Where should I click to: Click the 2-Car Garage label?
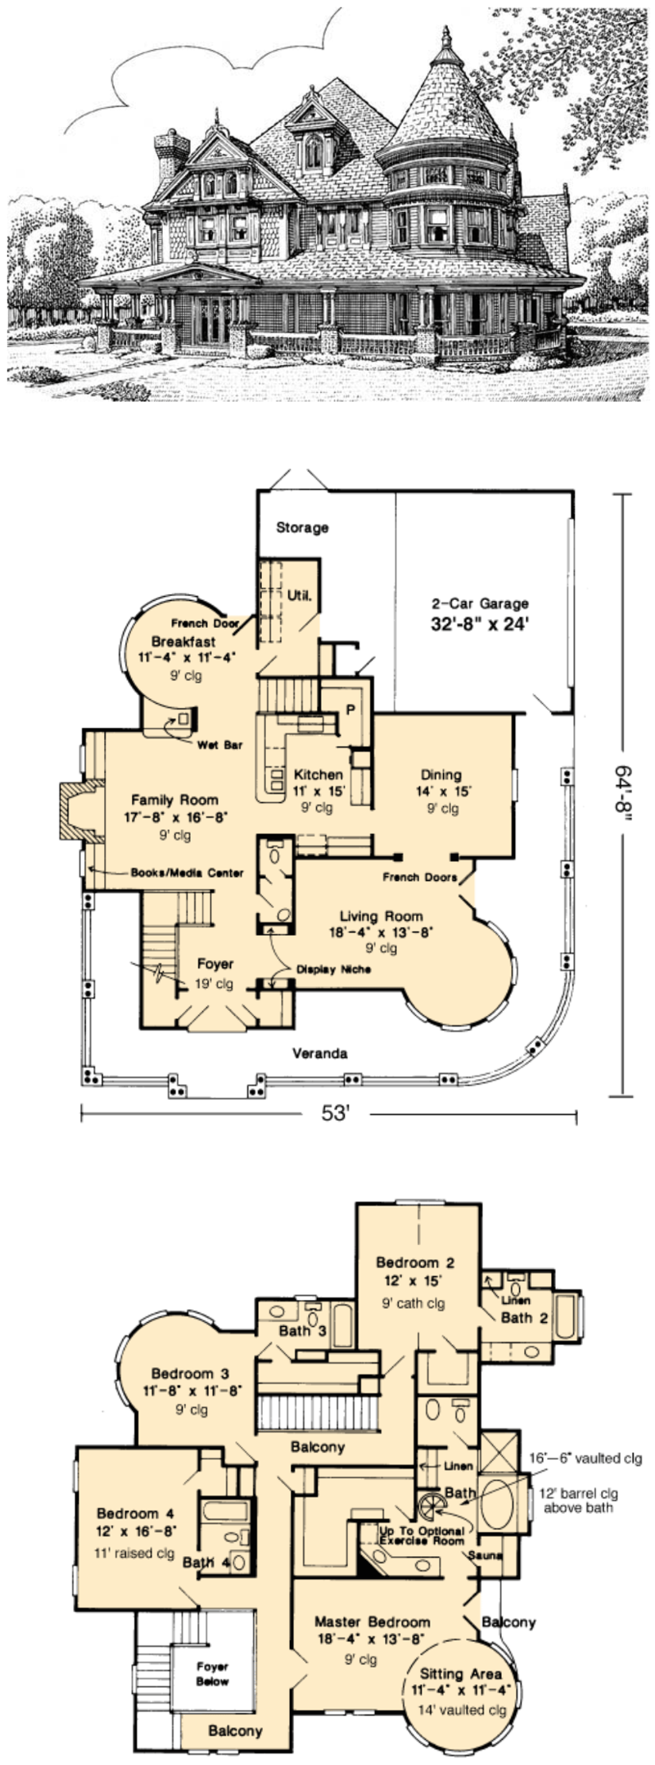[480, 604]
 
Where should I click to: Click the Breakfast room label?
[183, 641]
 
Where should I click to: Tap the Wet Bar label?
[220, 746]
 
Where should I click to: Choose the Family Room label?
[174, 800]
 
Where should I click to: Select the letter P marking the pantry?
[350, 710]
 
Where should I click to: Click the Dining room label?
[441, 774]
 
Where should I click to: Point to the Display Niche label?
[333, 969]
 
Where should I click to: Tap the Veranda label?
[319, 1054]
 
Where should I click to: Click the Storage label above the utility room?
[302, 528]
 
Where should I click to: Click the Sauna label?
[486, 1554]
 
